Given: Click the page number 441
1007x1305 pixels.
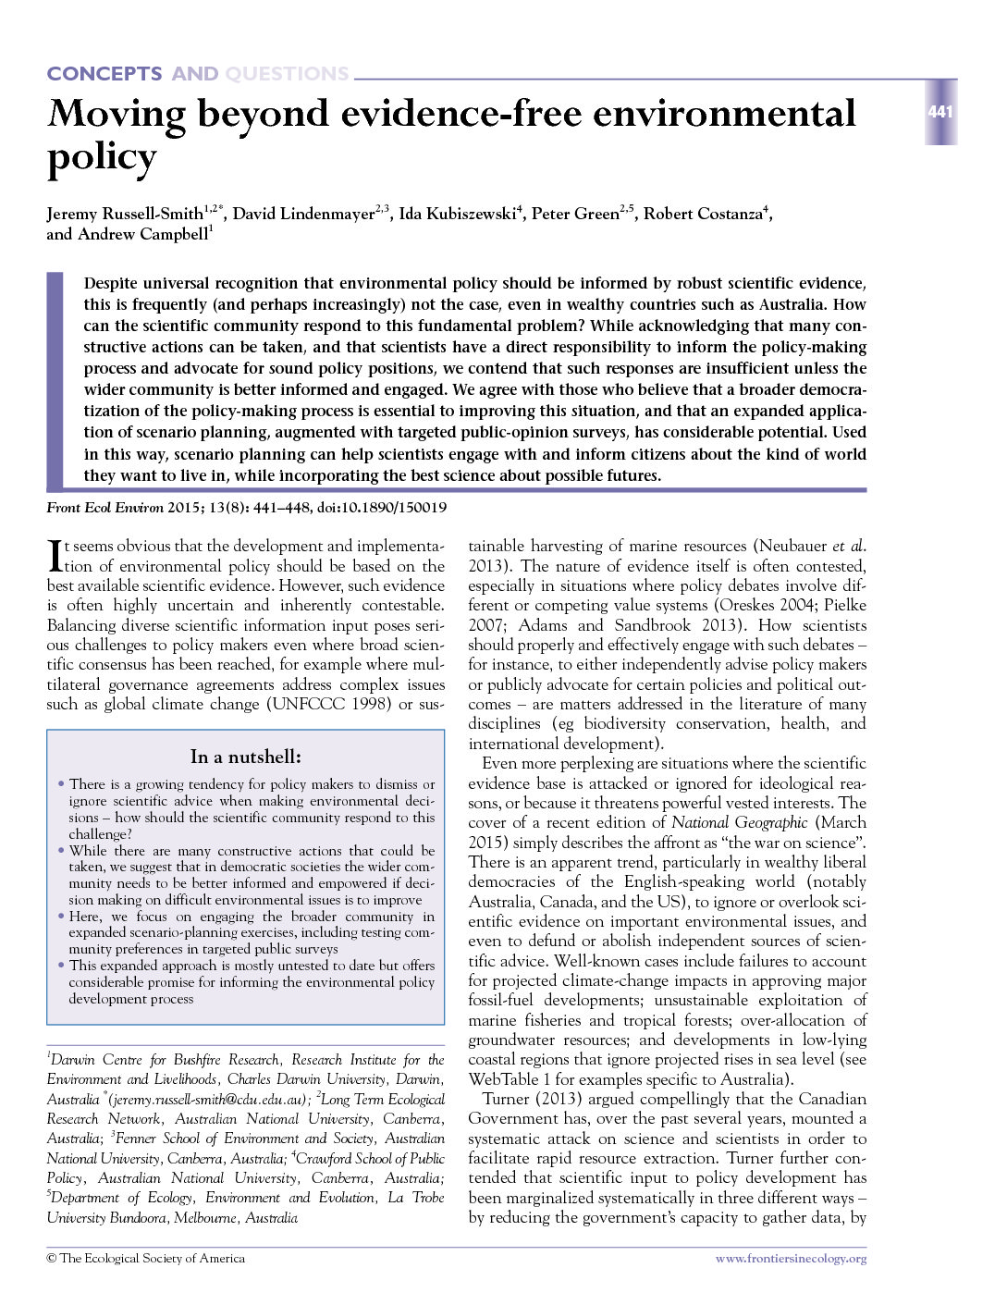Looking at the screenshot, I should point(939,112).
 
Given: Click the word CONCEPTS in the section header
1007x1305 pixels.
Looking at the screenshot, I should point(104,74).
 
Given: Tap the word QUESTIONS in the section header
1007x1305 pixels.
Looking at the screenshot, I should point(287,74).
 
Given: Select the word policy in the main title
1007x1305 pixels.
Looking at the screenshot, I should point(102,157).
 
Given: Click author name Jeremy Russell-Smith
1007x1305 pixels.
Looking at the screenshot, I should point(125,215).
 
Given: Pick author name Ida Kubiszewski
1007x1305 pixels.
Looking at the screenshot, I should point(457,215).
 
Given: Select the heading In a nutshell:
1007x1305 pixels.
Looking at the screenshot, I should point(245,757).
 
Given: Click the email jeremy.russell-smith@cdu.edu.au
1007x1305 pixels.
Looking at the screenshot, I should point(208,1100).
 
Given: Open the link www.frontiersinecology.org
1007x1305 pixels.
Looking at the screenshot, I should point(791,1259).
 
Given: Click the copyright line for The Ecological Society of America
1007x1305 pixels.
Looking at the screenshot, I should point(146,1259).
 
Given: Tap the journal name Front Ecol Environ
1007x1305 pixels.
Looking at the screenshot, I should point(104,508).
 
